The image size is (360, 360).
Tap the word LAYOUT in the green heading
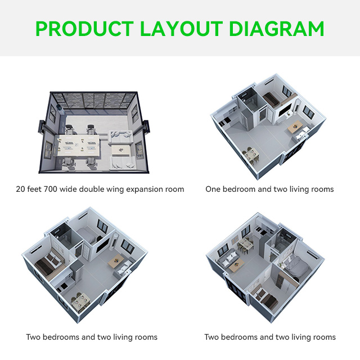[181, 28]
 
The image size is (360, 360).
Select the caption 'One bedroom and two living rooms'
[269, 189]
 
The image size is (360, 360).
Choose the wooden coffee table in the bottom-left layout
[117, 259]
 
